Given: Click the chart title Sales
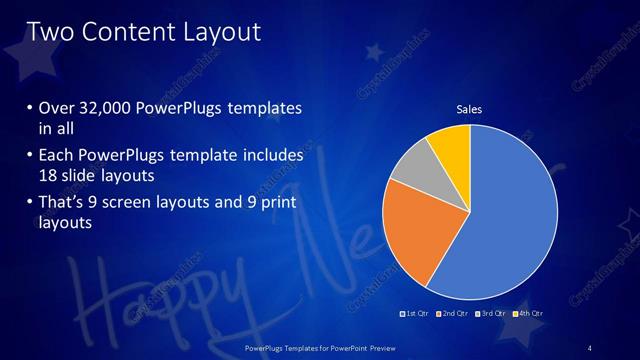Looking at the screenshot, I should pos(469,108).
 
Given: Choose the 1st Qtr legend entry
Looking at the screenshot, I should pos(417,314).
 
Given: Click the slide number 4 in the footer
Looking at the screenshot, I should pos(590,347).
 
